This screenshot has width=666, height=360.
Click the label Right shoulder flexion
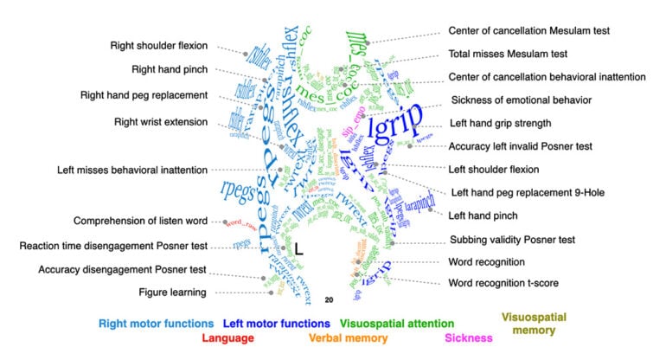pos(159,46)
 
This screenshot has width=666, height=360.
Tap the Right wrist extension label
pos(161,122)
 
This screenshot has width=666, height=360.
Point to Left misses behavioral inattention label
pos(132,170)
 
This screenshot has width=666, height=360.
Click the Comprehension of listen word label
pos(140,221)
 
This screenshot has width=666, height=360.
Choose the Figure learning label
pos(173,292)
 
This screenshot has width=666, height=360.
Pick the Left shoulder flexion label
pos(494,169)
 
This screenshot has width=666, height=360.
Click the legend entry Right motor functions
pos(156,325)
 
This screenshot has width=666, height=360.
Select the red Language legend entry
pos(227,338)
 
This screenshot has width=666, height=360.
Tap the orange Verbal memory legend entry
pos(349,338)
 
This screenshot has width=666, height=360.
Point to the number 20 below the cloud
pos(329,299)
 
